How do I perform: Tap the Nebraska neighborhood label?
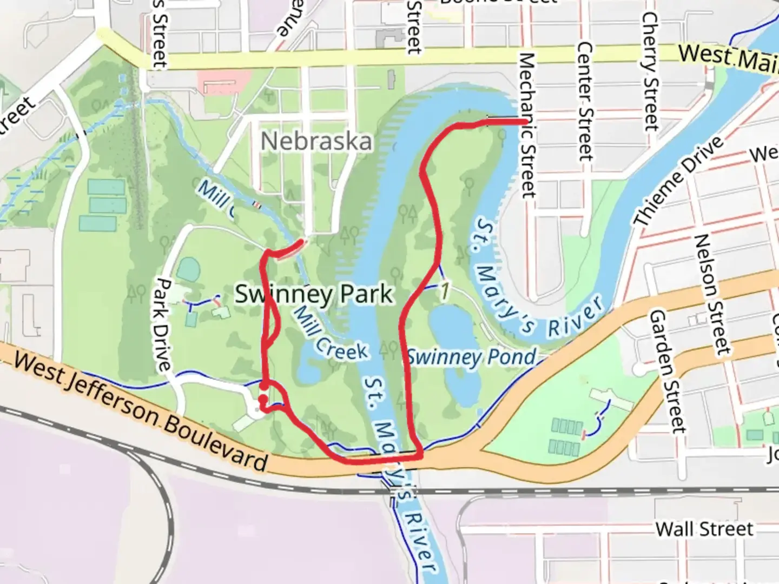pyautogui.click(x=316, y=142)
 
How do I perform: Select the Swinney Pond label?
pyautogui.click(x=471, y=357)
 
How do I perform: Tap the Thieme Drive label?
pyautogui.click(x=678, y=181)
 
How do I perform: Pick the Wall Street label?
pyautogui.click(x=704, y=529)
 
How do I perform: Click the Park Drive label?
pyautogui.click(x=162, y=324)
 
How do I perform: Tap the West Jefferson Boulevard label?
pyautogui.click(x=141, y=410)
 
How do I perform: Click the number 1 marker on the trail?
pyautogui.click(x=445, y=291)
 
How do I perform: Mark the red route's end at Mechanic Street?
pyautogui.click(x=524, y=122)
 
